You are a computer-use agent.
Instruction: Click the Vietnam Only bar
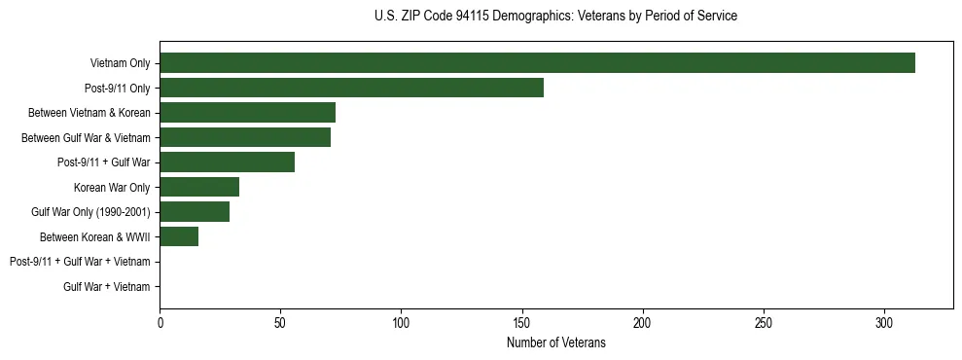click(x=537, y=63)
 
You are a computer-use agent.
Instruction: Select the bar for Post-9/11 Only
click(x=351, y=88)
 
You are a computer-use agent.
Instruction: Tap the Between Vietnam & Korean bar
click(x=247, y=113)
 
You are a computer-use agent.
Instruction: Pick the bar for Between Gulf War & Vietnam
click(x=245, y=137)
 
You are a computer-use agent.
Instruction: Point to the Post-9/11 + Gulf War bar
click(x=227, y=162)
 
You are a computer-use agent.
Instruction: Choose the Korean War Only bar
click(x=199, y=187)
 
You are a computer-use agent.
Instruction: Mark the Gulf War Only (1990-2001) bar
click(x=195, y=212)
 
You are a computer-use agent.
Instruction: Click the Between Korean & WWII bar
click(x=179, y=236)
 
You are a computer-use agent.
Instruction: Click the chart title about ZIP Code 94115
click(x=555, y=17)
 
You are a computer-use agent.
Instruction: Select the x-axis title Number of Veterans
click(x=555, y=342)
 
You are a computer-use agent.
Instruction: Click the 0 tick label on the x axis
click(x=160, y=322)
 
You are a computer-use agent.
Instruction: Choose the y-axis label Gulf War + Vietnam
click(x=107, y=286)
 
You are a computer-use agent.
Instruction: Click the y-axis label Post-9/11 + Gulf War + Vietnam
click(x=80, y=262)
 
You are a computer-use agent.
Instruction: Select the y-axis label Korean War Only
click(x=112, y=187)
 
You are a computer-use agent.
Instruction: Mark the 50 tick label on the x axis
click(x=280, y=322)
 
